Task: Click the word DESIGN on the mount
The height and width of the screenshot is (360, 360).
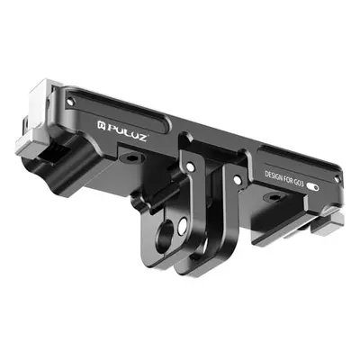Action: (x=274, y=176)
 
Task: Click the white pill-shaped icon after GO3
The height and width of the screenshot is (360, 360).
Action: (x=312, y=187)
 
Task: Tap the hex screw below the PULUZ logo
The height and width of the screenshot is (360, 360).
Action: (x=131, y=157)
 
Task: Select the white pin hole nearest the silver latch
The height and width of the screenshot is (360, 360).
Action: (x=70, y=103)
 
